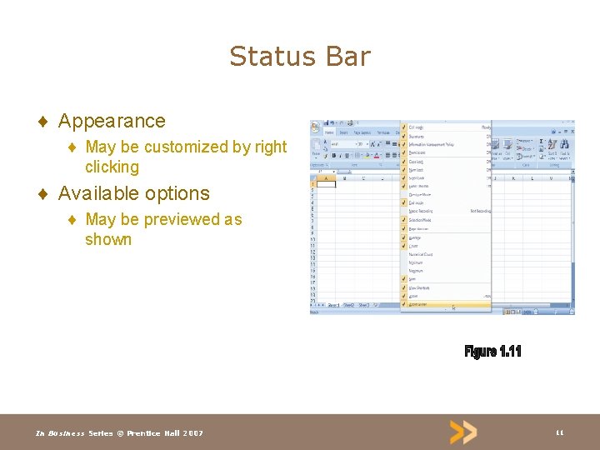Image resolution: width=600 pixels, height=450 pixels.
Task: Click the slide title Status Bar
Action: pos(300,57)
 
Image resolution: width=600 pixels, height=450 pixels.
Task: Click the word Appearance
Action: pos(112,121)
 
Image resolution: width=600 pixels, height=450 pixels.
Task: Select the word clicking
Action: pos(112,167)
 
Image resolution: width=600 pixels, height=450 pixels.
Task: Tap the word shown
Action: pos(108,240)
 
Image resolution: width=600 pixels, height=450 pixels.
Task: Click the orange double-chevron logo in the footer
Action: pos(463,432)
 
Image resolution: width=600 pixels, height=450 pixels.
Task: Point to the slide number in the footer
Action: pos(560,432)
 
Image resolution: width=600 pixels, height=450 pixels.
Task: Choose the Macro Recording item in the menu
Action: pos(421,211)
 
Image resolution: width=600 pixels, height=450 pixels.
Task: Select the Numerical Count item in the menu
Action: pos(422,254)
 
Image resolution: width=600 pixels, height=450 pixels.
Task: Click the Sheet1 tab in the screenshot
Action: pos(333,306)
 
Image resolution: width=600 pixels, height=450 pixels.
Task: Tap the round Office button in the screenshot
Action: pos(315,127)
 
